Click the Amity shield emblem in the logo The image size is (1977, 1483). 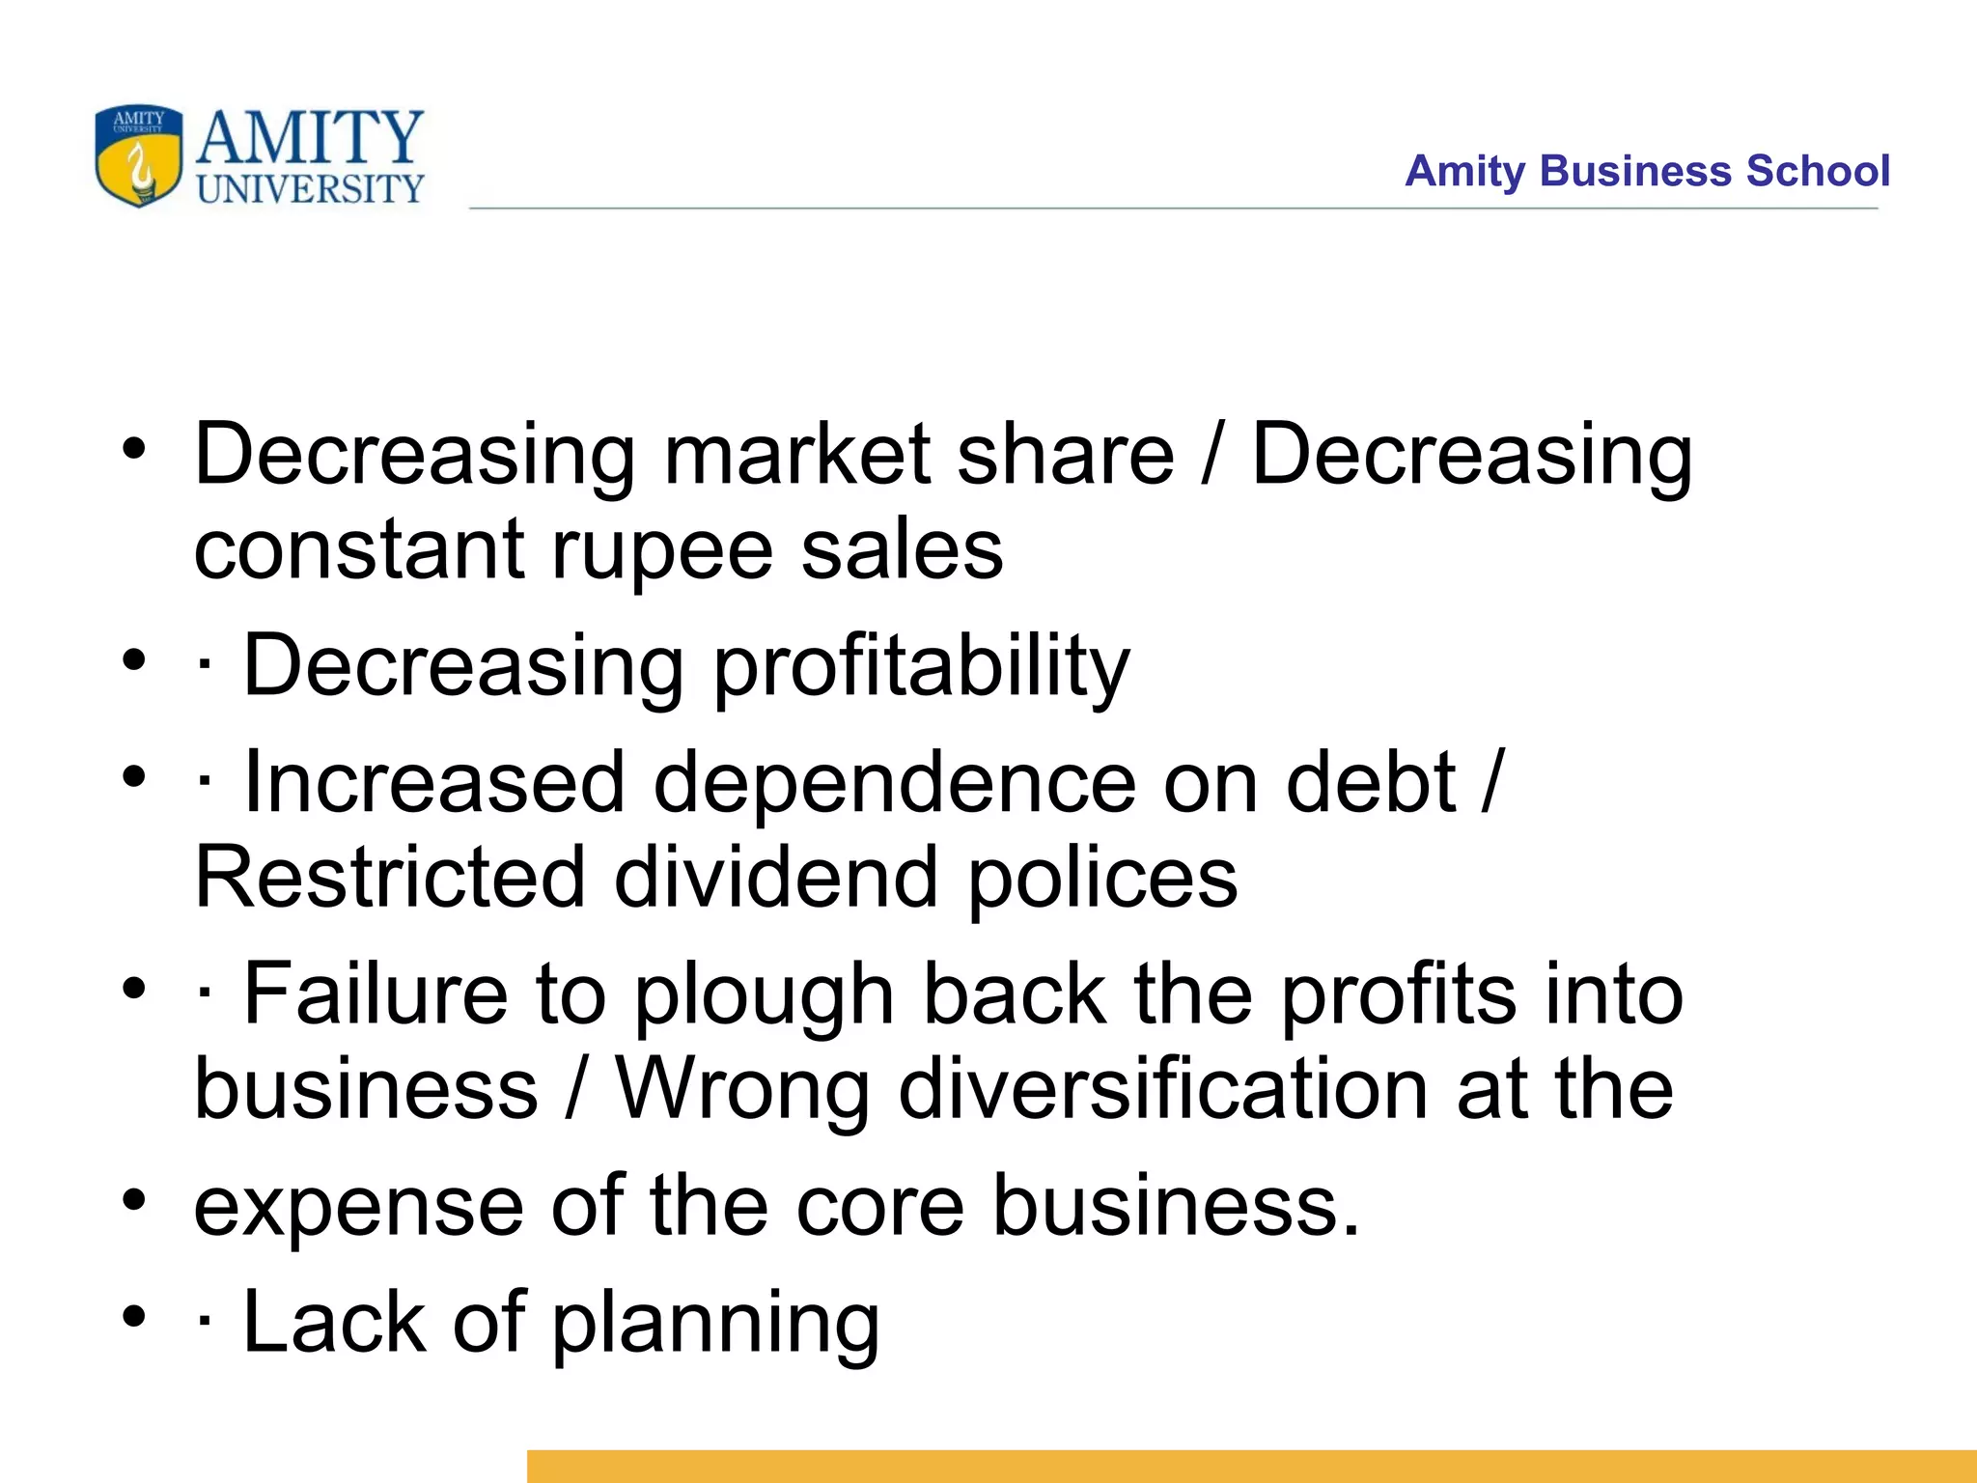[x=138, y=155]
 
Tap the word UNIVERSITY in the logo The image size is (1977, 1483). [x=310, y=188]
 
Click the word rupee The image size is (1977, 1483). [x=662, y=550]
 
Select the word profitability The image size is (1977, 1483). [x=921, y=666]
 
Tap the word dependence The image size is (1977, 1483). [x=894, y=782]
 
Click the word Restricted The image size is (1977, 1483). [x=390, y=877]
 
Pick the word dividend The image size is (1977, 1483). [x=776, y=877]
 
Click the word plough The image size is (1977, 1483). [x=764, y=996]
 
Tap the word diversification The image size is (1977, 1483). [x=1162, y=1089]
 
